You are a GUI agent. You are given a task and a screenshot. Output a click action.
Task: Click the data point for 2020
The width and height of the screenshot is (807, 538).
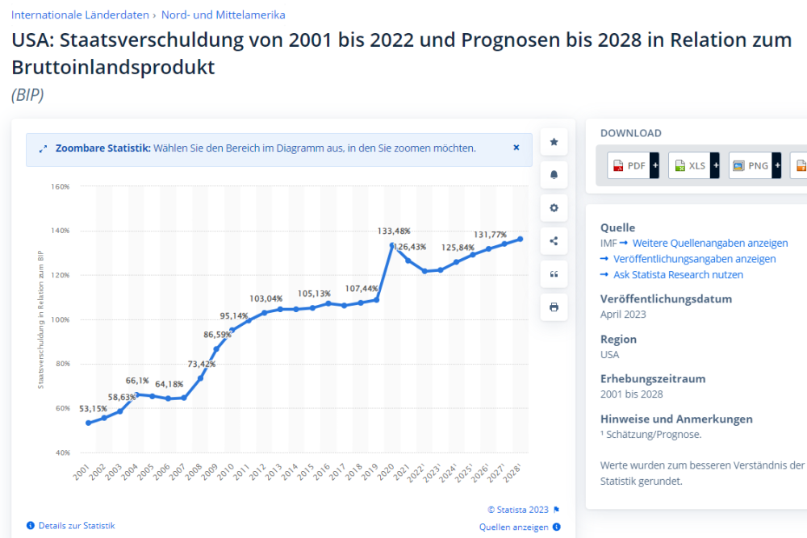[x=392, y=245]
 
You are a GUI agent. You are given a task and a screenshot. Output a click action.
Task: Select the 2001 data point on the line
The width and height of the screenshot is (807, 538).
[x=88, y=423]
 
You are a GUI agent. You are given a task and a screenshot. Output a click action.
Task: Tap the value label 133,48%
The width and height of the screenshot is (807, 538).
[x=394, y=231]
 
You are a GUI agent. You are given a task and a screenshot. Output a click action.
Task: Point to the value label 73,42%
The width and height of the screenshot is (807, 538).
[x=202, y=364]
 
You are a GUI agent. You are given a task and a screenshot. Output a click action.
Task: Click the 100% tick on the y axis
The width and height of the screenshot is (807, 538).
[x=61, y=319]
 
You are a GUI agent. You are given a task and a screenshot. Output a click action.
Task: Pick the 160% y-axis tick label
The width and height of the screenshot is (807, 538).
[x=61, y=186]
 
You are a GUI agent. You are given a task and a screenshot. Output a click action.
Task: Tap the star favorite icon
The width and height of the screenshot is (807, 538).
[x=554, y=142]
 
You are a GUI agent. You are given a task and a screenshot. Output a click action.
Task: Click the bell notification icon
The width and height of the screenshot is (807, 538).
[x=554, y=174]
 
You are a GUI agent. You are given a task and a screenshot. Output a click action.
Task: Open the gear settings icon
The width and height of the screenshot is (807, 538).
[x=554, y=207]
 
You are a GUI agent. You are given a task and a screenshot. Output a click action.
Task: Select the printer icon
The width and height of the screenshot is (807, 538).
[x=554, y=307]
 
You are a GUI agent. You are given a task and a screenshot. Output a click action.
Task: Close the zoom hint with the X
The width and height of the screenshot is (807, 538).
[x=516, y=148]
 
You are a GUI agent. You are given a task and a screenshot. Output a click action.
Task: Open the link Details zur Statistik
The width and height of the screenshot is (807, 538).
[x=76, y=525]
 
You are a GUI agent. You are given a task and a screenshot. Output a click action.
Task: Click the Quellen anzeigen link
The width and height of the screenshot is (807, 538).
[x=513, y=527]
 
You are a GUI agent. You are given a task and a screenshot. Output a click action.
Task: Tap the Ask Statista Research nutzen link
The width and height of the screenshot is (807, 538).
[x=678, y=274]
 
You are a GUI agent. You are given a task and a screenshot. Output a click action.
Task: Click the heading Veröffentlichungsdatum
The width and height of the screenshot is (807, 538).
[x=666, y=298]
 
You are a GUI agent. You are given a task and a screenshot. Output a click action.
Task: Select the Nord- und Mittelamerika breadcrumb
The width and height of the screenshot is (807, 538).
[x=223, y=15]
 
